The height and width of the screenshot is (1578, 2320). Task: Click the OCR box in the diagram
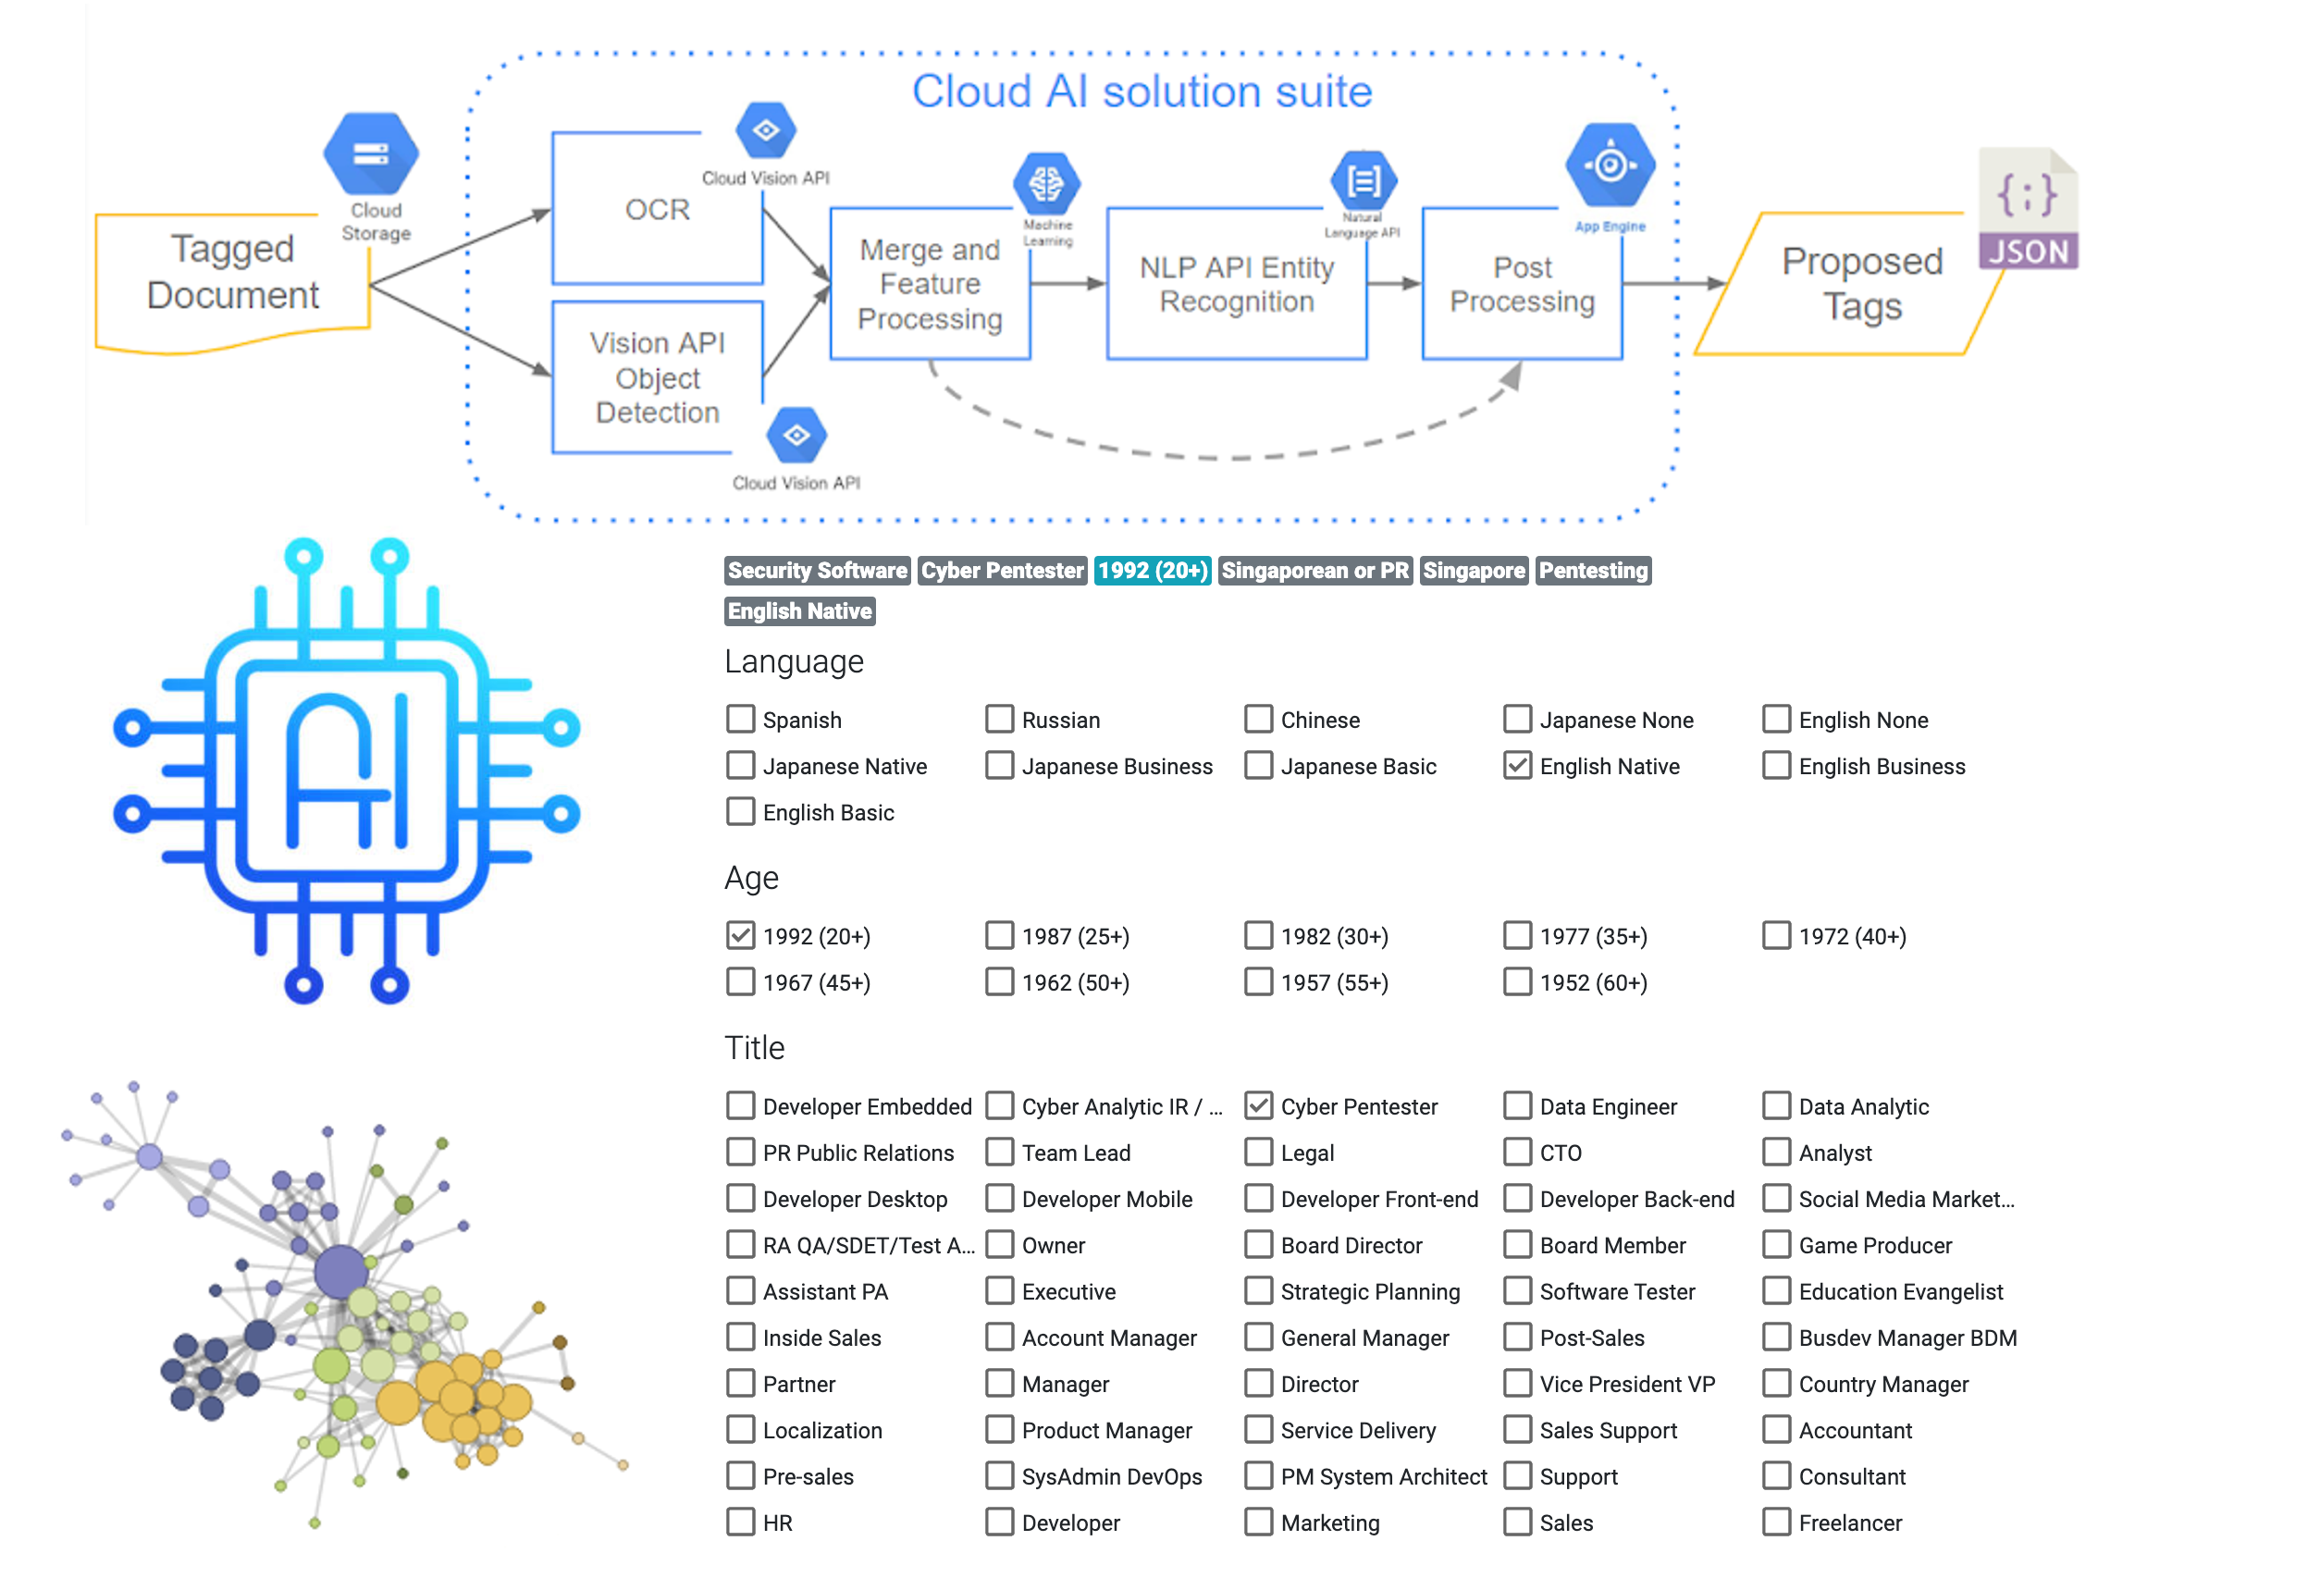(657, 210)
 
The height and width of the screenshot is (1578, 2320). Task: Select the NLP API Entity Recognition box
(1236, 285)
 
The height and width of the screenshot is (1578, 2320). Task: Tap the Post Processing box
(1522, 285)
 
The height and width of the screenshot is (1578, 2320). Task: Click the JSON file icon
(2028, 210)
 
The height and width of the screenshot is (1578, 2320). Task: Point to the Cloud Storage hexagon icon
(370, 154)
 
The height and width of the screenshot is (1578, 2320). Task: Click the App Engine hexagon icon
(1610, 165)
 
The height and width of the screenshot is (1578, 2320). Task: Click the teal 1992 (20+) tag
(1152, 571)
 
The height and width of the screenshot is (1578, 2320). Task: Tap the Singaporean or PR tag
(1314, 571)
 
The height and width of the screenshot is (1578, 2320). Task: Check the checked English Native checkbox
(1517, 767)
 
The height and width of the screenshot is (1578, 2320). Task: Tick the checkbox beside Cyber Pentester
(1259, 1106)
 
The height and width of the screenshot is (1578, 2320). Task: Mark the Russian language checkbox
(999, 720)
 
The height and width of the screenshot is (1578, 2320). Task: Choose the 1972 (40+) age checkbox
(1776, 936)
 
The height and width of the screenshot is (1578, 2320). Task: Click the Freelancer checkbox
(1776, 1523)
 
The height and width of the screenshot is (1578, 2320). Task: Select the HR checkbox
(740, 1523)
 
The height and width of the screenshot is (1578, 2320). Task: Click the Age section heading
(751, 879)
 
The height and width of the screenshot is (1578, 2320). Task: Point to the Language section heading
(794, 661)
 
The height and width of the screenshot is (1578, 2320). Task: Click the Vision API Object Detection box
(657, 377)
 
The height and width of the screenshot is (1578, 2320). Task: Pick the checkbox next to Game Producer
(1776, 1245)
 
